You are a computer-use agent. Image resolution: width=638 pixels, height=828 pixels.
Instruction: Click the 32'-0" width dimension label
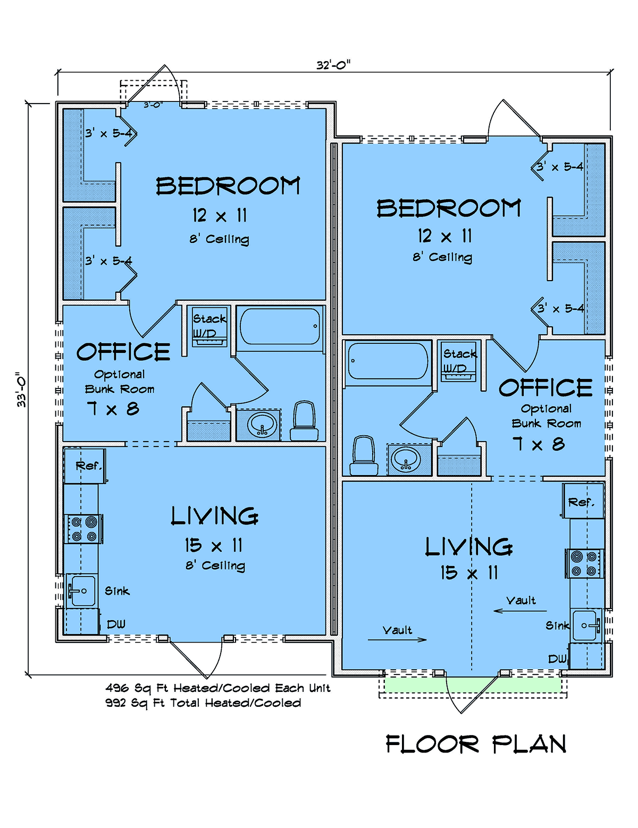333,65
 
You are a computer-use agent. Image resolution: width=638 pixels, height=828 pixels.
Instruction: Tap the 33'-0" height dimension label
21,390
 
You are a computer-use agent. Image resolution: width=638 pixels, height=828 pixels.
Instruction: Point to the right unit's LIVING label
469,547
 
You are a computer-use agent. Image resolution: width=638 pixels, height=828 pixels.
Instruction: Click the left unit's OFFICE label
123,351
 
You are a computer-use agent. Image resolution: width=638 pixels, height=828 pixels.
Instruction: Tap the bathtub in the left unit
280,326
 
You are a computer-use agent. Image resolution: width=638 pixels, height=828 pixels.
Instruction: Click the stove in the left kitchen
83,528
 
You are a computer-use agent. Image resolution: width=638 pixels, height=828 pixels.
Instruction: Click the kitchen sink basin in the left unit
81,590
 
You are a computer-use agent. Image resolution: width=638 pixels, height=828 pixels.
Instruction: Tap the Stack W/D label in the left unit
209,326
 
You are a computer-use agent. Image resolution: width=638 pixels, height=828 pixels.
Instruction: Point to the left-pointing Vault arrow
520,611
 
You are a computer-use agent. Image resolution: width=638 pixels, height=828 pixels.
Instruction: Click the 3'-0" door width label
153,104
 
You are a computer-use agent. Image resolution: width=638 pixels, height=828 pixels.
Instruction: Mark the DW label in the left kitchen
116,624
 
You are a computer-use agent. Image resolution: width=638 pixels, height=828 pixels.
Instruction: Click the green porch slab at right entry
473,685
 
